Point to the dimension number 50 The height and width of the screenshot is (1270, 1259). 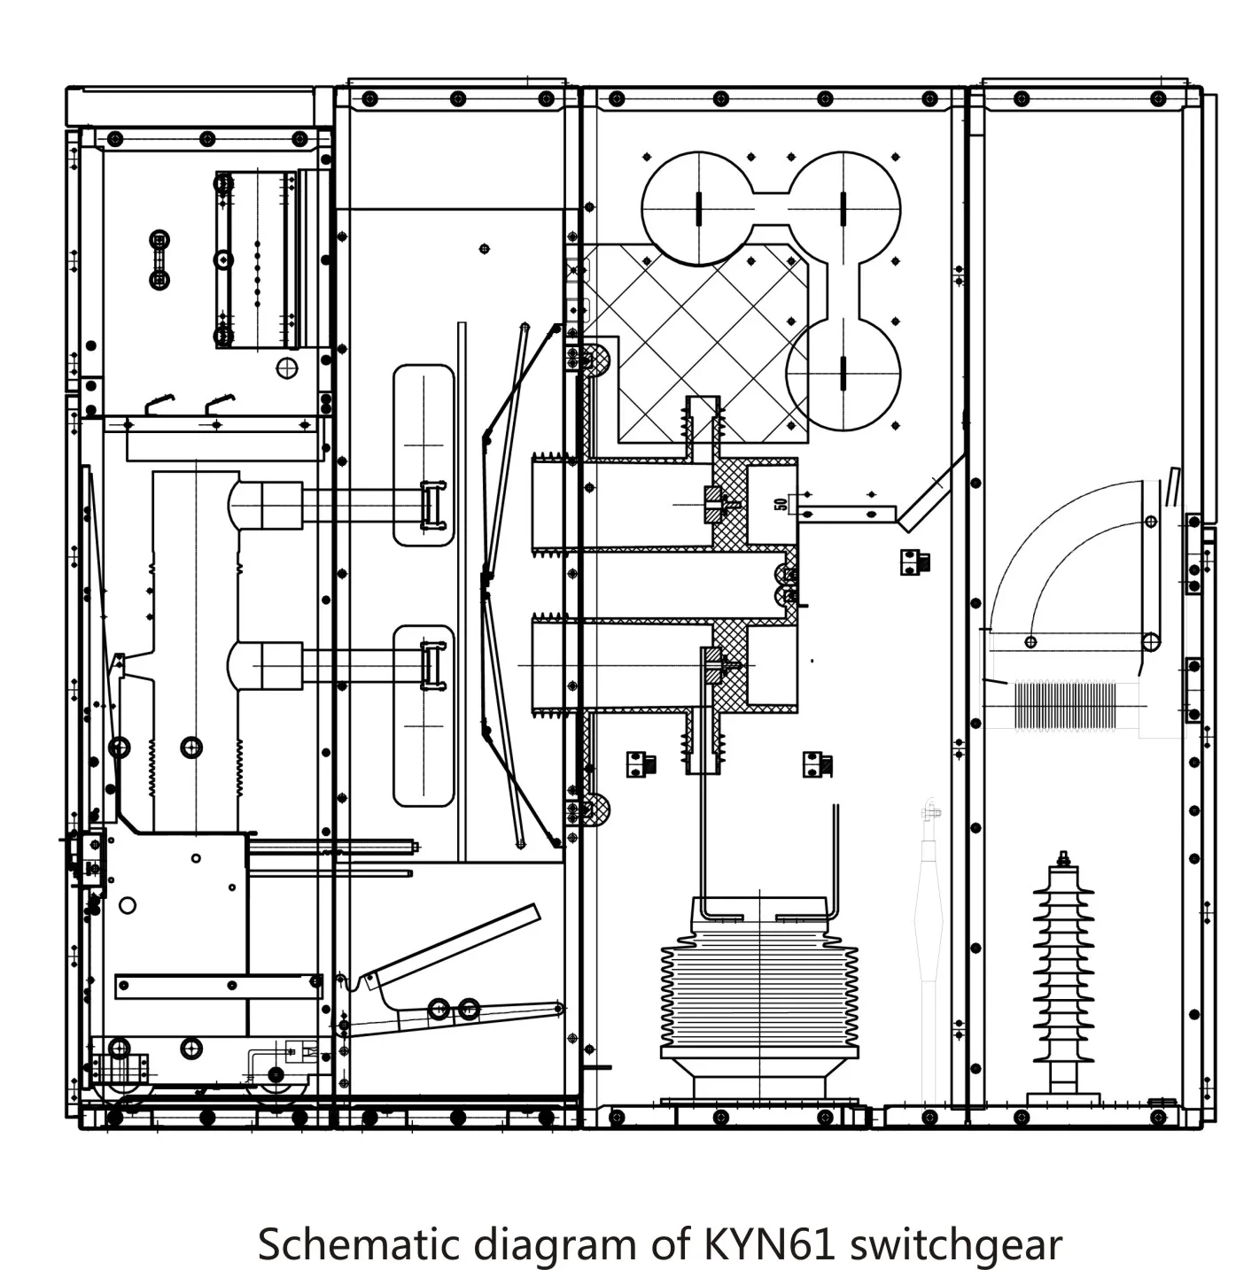[x=781, y=503]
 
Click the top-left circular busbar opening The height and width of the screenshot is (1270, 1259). [x=699, y=208]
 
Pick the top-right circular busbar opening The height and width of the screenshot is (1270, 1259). [x=843, y=208]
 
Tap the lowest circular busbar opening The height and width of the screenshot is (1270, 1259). [x=843, y=374]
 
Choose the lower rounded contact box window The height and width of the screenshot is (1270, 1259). [x=424, y=716]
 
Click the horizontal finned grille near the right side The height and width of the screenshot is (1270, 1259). [x=1063, y=706]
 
